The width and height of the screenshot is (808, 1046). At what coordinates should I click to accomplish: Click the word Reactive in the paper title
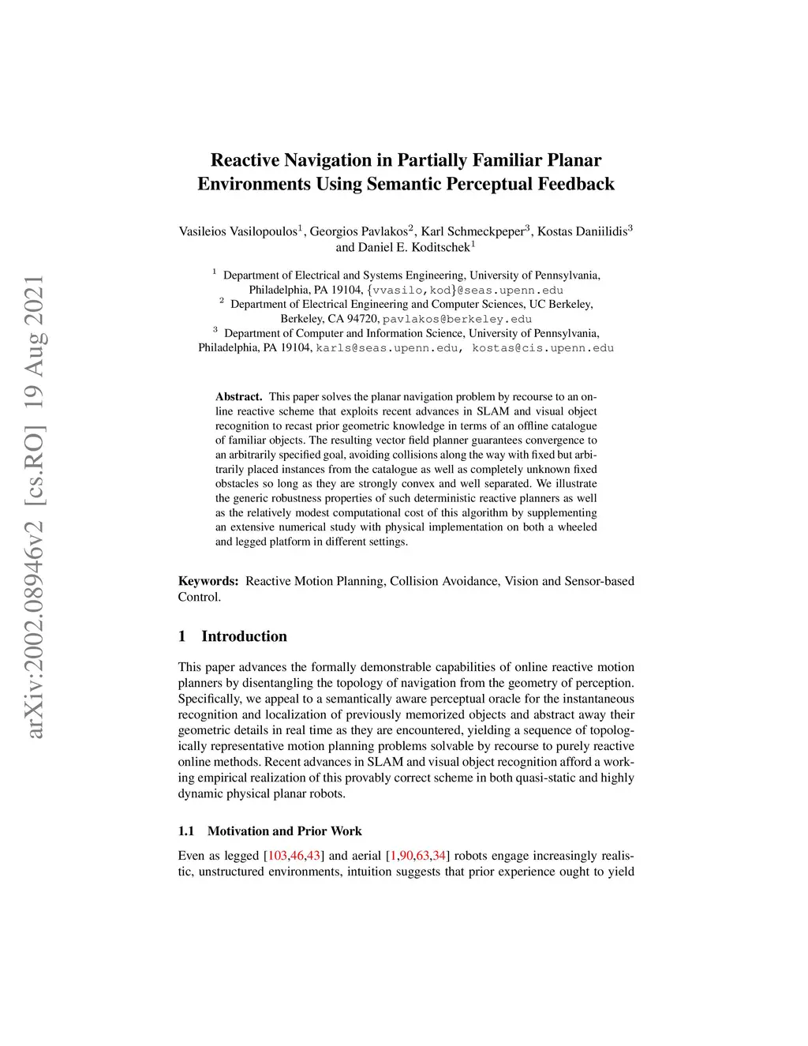(x=244, y=160)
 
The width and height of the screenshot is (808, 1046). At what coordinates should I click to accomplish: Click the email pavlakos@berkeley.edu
(x=457, y=319)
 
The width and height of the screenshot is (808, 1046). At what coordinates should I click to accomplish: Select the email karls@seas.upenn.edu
(x=387, y=347)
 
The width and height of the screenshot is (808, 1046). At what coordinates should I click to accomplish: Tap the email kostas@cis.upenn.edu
(x=543, y=347)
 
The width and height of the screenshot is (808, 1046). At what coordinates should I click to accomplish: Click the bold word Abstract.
(x=238, y=396)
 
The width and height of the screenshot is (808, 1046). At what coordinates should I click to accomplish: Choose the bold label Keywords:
(x=208, y=581)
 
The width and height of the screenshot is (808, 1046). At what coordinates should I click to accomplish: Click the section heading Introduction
(x=244, y=636)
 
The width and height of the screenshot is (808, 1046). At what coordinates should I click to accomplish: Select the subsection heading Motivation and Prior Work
(x=284, y=830)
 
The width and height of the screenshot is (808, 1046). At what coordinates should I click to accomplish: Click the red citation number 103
(x=278, y=856)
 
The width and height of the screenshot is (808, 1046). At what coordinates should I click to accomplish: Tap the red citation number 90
(x=406, y=856)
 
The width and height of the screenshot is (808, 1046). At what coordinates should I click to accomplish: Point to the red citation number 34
(x=440, y=856)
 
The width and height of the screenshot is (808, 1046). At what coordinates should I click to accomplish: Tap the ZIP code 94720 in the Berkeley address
(x=364, y=319)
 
